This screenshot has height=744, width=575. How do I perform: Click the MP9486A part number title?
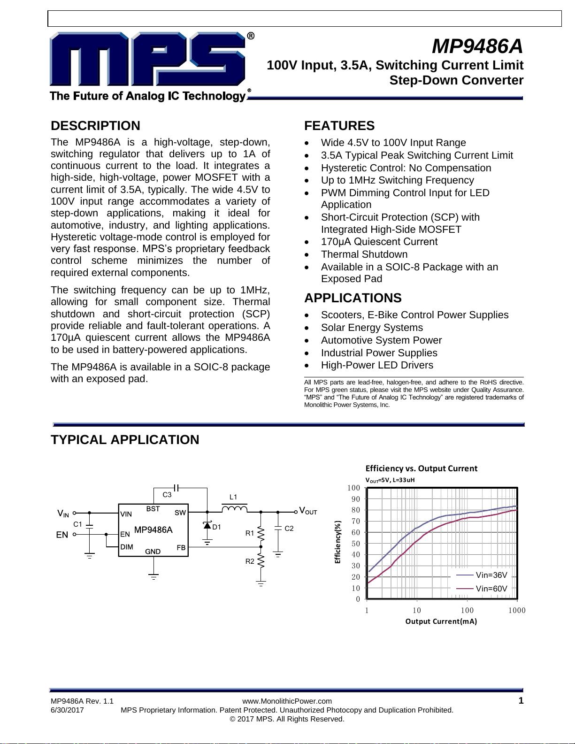(x=477, y=46)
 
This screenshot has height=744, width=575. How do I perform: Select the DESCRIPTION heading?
(x=95, y=126)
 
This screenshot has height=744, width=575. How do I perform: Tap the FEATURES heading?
(x=339, y=126)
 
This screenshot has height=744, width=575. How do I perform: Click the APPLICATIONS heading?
(x=353, y=298)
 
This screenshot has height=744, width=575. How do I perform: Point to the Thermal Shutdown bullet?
(x=364, y=254)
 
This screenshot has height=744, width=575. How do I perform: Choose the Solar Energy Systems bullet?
(x=372, y=328)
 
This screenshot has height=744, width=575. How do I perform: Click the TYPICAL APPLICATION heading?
(x=125, y=440)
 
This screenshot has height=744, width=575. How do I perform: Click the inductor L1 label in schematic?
(x=233, y=497)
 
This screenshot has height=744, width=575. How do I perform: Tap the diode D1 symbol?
(x=207, y=525)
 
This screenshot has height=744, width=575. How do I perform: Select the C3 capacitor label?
(x=167, y=495)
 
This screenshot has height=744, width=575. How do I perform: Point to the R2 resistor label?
(x=250, y=561)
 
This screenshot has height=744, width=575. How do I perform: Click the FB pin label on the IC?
(x=181, y=547)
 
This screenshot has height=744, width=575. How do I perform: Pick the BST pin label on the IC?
(x=153, y=509)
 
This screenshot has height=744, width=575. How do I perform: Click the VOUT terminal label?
(x=308, y=511)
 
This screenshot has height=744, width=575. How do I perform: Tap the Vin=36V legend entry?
(x=491, y=575)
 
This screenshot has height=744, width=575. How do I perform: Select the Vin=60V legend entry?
(x=491, y=589)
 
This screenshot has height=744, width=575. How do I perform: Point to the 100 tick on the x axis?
(x=467, y=610)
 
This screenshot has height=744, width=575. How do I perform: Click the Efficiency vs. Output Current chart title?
(x=421, y=468)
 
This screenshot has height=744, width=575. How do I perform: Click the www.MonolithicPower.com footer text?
(x=287, y=701)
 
